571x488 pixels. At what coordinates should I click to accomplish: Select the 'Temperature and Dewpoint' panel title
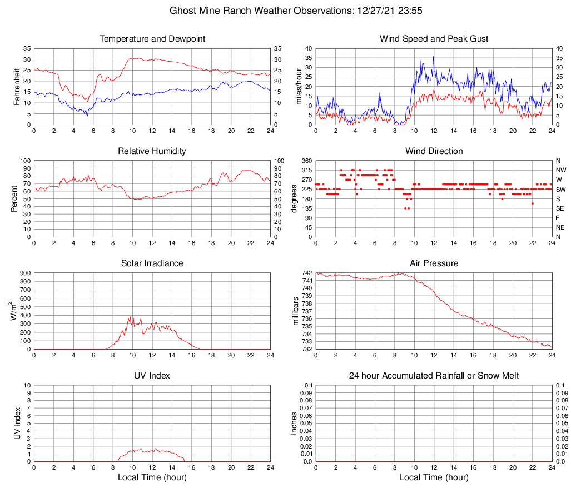point(152,39)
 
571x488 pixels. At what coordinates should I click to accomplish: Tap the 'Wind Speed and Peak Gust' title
point(434,39)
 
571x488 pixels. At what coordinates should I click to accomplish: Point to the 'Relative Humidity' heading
point(152,151)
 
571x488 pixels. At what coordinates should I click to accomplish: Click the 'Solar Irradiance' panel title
point(152,263)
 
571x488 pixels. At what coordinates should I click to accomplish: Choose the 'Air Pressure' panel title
point(434,263)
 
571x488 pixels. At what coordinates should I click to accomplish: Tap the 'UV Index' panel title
point(152,376)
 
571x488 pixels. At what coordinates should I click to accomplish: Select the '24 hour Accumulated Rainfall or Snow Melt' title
point(434,376)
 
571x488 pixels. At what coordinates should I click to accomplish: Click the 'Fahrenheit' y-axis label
point(17,86)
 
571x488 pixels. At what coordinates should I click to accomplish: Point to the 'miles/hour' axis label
point(299,86)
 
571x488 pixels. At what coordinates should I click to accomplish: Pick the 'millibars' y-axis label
point(296,311)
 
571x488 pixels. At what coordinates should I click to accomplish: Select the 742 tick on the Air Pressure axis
point(306,273)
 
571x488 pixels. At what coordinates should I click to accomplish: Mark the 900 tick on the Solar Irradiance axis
point(24,273)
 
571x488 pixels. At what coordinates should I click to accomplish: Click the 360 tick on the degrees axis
point(306,161)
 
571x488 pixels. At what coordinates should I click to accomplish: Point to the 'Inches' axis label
point(295,423)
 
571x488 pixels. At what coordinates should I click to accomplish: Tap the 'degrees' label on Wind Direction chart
point(295,198)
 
